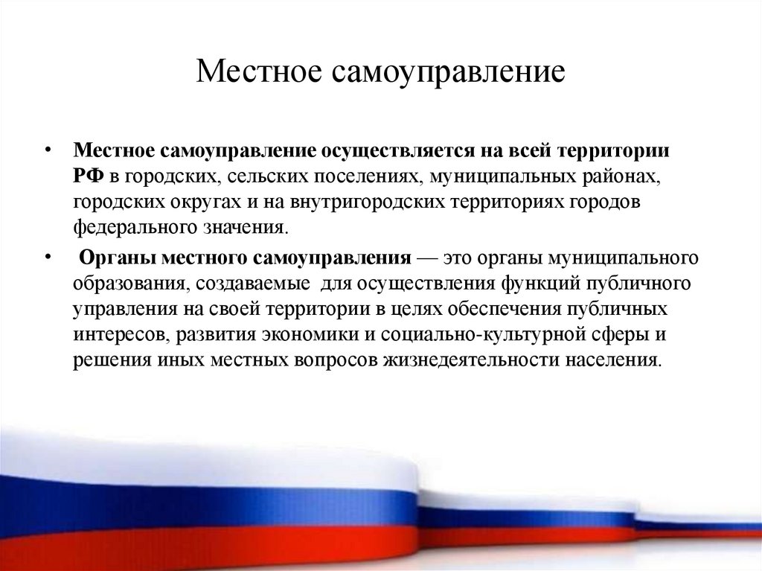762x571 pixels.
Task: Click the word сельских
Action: click(261, 176)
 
